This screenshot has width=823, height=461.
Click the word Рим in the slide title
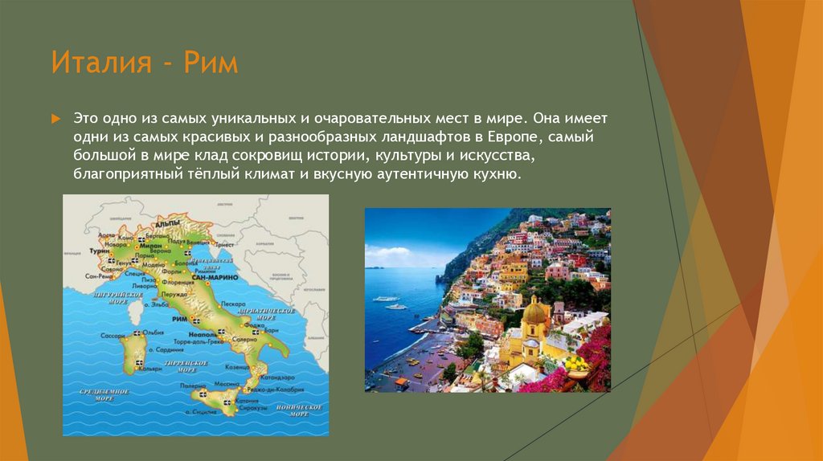point(210,63)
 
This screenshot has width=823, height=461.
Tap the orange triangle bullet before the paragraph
point(55,118)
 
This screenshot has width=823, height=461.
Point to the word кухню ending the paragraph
point(504,173)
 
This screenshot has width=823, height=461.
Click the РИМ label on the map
point(178,319)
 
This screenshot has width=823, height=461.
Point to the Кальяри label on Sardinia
point(149,369)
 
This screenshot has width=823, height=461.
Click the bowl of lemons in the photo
point(575,363)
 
